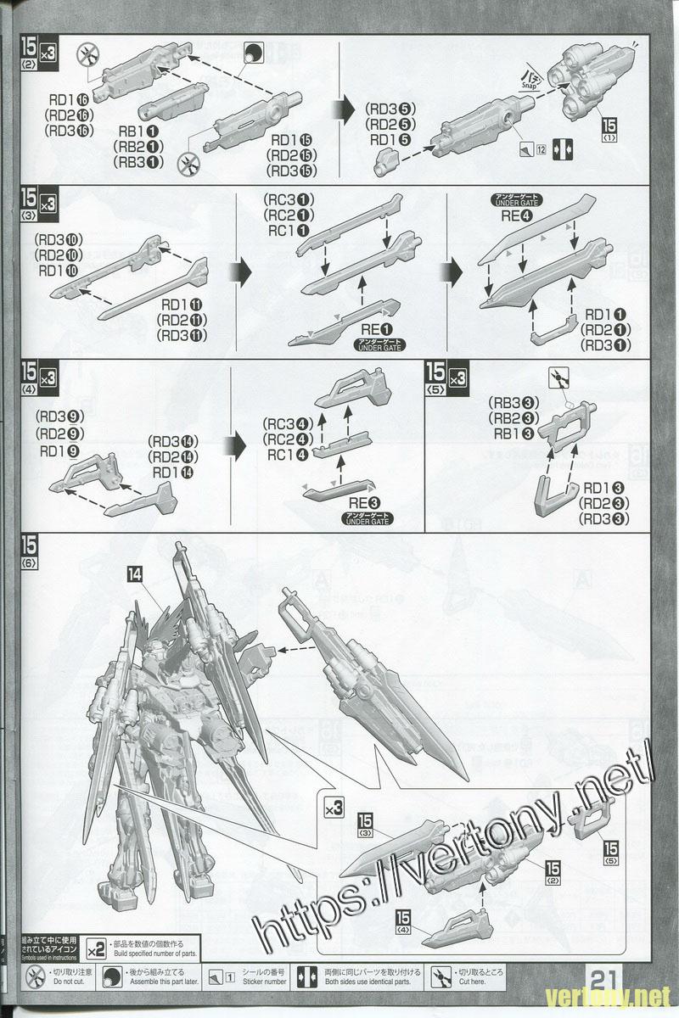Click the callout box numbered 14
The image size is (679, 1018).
pos(134,574)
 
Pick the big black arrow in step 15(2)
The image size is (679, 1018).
pos(344,109)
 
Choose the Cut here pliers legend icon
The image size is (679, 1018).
pos(441,975)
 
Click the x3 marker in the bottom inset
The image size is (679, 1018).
pos(334,808)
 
